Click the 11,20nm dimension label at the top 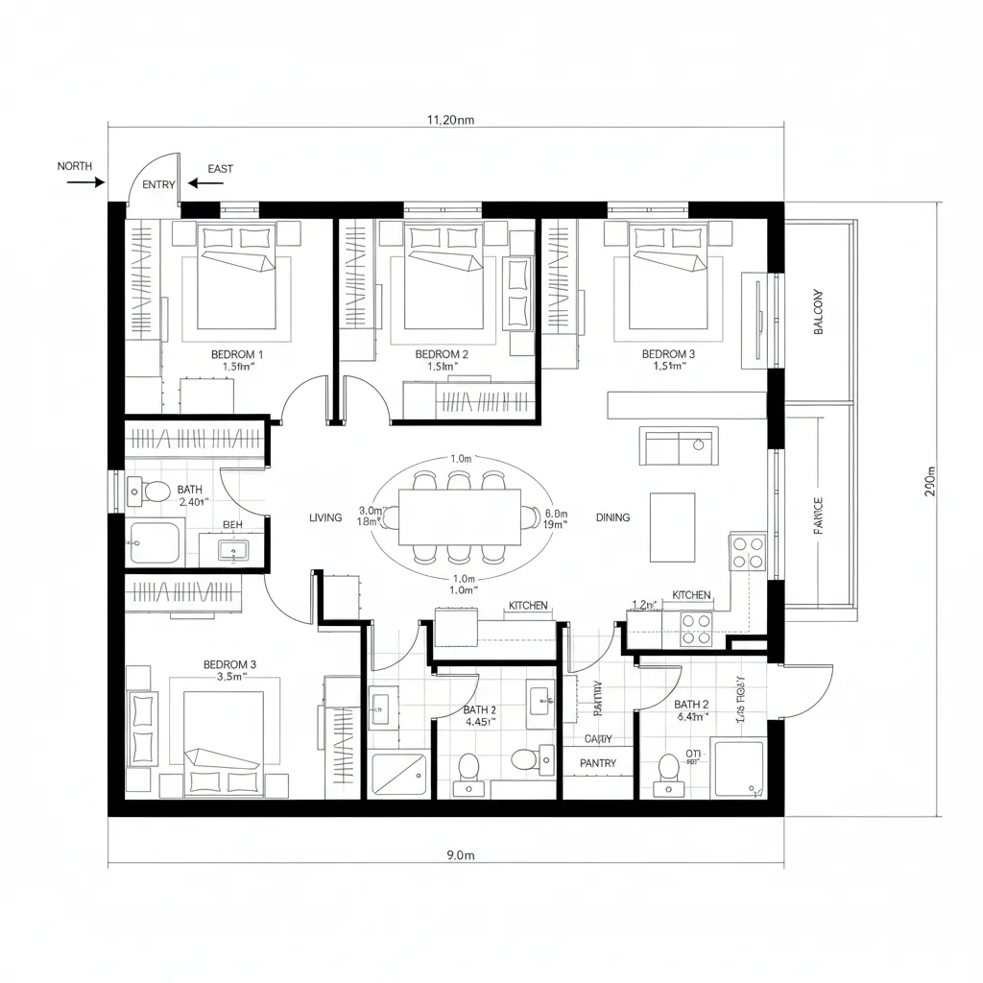(x=450, y=120)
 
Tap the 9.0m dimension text (x=462, y=854)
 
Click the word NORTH (x=75, y=166)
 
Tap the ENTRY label (x=158, y=184)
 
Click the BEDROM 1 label (x=236, y=354)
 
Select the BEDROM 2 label (x=442, y=354)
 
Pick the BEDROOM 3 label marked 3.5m (x=229, y=663)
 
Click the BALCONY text (x=819, y=312)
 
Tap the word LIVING (x=325, y=517)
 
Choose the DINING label (x=612, y=517)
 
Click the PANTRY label (x=597, y=763)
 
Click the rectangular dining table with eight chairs (x=460, y=517)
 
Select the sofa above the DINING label (x=679, y=446)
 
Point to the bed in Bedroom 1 (x=237, y=283)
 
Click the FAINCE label (x=818, y=515)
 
